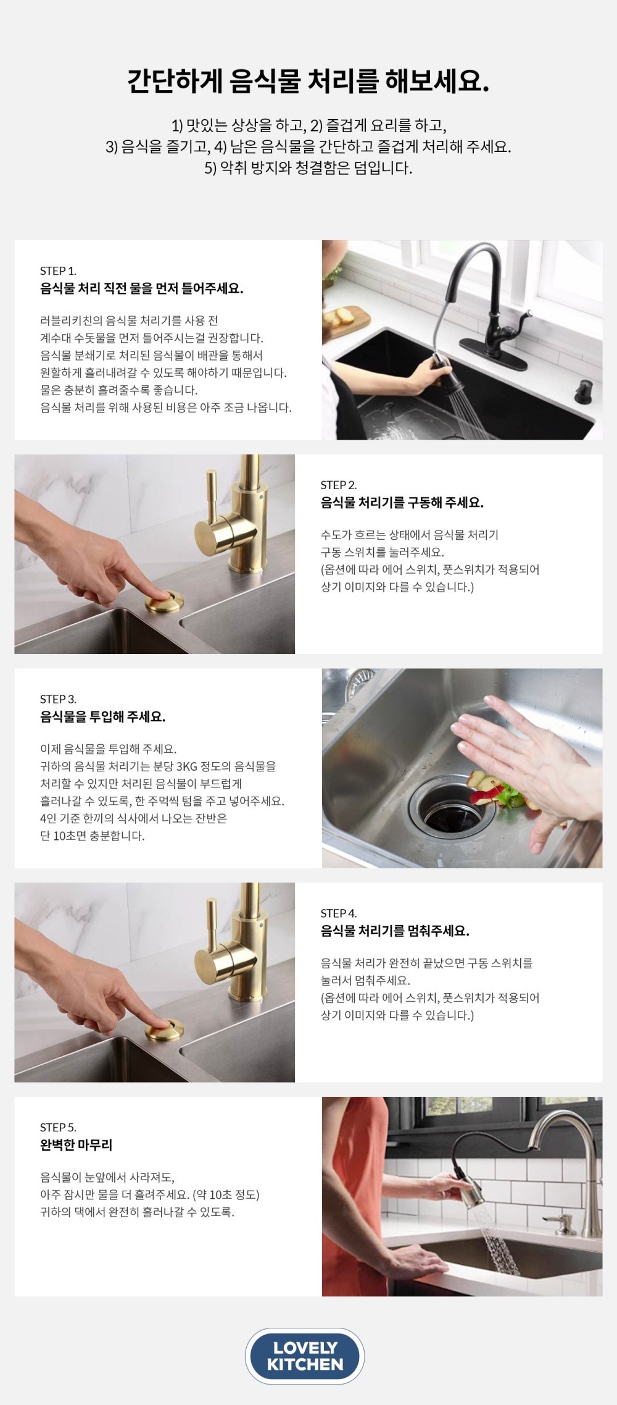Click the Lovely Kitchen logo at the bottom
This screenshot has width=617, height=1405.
point(305,1356)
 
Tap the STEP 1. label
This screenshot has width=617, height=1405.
point(58,271)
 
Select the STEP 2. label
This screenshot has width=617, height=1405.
point(338,485)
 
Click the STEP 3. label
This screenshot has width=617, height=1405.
point(58,699)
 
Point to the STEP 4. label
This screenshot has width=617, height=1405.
point(338,913)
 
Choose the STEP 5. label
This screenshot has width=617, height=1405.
point(58,1128)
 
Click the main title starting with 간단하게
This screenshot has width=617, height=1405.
point(308,82)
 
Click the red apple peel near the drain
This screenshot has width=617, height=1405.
point(481,790)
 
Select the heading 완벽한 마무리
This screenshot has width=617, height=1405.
point(76,1145)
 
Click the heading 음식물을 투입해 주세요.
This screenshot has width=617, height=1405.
point(102,716)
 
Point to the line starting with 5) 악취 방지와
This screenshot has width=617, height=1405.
point(308,168)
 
